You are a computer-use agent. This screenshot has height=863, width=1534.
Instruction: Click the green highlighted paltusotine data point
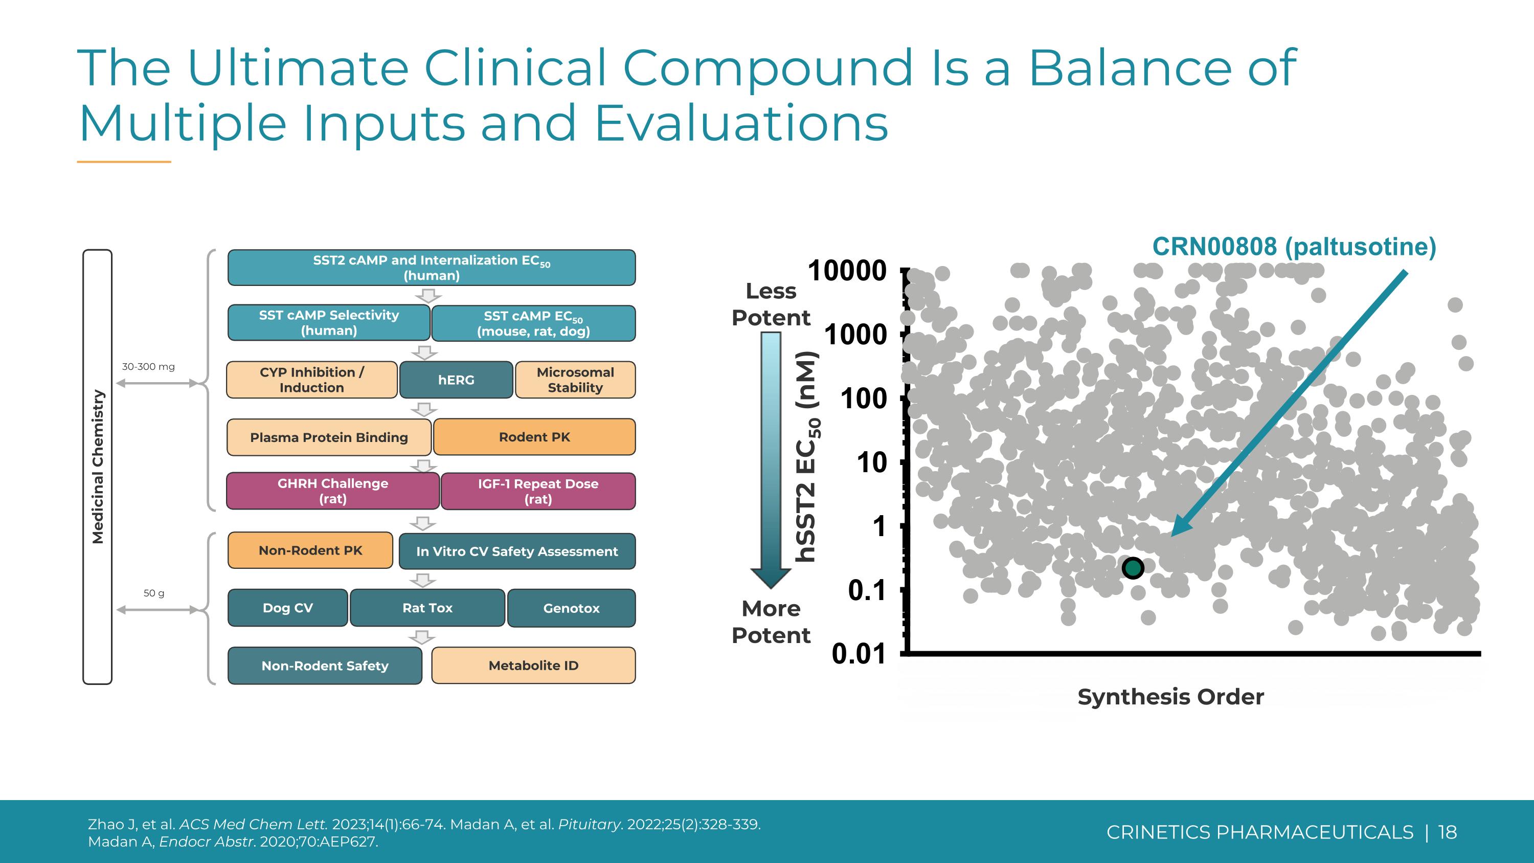1133,568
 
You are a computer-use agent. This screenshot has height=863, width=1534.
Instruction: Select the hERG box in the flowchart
456,380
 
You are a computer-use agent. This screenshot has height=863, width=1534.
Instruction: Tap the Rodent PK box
534,437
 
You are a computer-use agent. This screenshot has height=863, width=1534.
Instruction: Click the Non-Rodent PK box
310,550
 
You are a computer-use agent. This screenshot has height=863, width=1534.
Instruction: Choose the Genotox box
571,608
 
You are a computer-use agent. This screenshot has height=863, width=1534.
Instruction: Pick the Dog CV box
287,608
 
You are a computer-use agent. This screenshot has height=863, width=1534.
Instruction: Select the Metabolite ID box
533,665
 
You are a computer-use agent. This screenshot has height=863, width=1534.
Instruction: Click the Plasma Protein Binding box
329,437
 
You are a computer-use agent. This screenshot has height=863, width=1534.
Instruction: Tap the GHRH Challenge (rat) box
333,491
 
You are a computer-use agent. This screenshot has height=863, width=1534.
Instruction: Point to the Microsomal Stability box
575,380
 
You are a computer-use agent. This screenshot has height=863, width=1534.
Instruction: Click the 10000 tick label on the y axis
847,272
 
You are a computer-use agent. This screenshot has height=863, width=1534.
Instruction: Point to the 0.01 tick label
858,654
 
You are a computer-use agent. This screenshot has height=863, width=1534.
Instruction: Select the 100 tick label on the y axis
864,399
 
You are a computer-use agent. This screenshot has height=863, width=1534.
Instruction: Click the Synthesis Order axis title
1170,697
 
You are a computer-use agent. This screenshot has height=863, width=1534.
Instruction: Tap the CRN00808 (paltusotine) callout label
1294,247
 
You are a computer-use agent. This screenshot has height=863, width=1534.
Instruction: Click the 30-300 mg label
148,367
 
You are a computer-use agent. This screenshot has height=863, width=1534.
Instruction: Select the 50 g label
153,593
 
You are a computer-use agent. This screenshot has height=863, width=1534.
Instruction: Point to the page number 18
1448,832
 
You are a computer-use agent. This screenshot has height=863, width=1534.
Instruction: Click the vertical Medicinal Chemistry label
98,467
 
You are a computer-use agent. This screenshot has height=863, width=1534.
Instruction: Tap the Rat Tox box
427,608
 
